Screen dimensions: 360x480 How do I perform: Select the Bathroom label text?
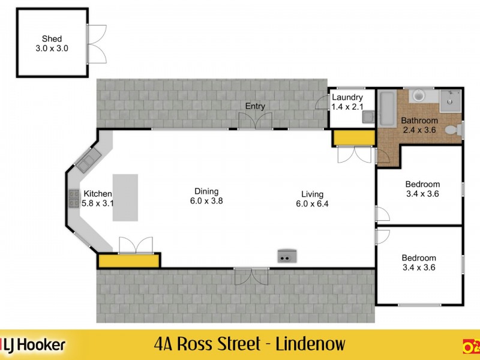[x=420, y=121]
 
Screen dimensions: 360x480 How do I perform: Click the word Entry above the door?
[x=255, y=106]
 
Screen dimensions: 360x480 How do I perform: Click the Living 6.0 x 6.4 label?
[x=313, y=199]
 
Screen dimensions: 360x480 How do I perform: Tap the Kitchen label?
[x=98, y=193]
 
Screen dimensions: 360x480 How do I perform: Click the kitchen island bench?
[x=125, y=197]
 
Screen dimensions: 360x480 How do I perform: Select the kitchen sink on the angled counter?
[x=88, y=160]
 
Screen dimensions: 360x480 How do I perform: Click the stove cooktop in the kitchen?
[x=74, y=198]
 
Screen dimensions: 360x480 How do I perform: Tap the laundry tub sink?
[x=368, y=117]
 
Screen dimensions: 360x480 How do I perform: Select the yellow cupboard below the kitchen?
[x=129, y=260]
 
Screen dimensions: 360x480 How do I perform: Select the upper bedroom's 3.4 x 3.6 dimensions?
[x=422, y=194]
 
